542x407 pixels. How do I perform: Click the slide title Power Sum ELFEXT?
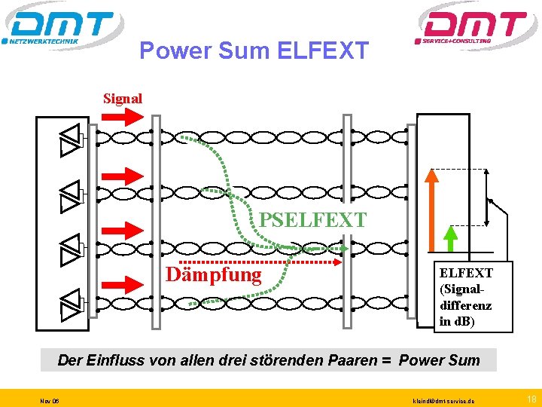(x=254, y=50)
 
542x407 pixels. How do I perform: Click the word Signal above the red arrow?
(x=123, y=98)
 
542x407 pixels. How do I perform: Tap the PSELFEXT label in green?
(x=312, y=220)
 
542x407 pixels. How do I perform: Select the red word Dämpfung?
(x=213, y=274)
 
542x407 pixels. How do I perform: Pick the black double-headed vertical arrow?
(x=488, y=195)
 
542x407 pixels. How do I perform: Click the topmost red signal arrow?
(x=121, y=117)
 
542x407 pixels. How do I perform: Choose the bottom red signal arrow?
(x=121, y=283)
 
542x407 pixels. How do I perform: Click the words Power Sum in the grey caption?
(x=439, y=360)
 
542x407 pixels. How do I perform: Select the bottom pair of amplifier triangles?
(x=70, y=302)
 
